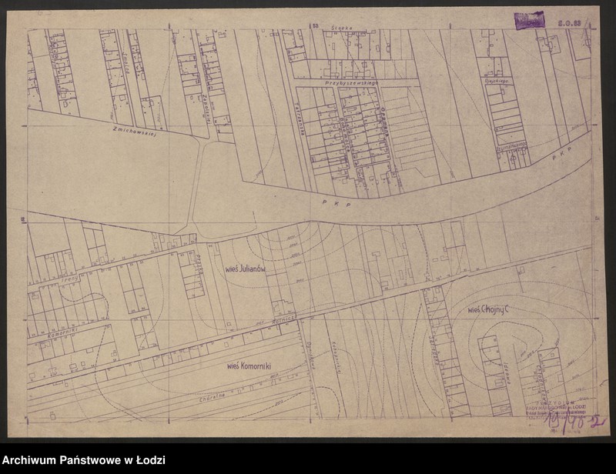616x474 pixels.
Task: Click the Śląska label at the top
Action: pos(342,28)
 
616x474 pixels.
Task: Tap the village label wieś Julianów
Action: pos(246,269)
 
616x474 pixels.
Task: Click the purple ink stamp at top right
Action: pos(530,20)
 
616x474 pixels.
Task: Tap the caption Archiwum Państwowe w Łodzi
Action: pos(84,460)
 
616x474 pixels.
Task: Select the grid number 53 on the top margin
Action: pos(315,25)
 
